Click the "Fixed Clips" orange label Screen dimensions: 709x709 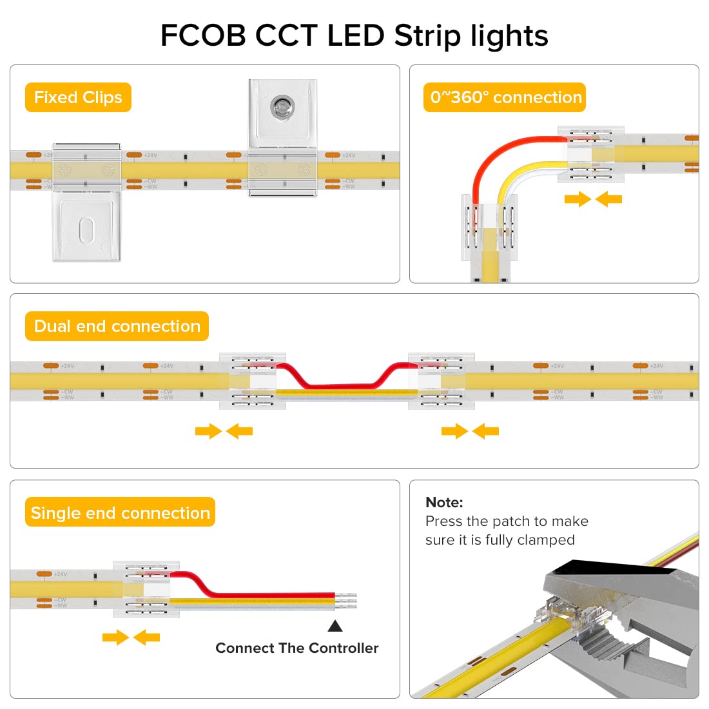[78, 97]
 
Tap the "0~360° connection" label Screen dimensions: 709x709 [505, 97]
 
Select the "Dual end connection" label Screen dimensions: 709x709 [117, 326]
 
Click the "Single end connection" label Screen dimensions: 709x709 [120, 512]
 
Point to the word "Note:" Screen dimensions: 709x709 [444, 502]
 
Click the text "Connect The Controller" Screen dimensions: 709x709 [296, 648]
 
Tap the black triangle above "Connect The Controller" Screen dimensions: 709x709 [335, 626]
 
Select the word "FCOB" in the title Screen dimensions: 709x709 [203, 35]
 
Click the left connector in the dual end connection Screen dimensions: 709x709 [252, 381]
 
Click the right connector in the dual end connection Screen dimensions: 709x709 [442, 381]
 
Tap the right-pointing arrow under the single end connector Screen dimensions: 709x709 [115, 637]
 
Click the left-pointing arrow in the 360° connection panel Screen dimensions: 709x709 [609, 199]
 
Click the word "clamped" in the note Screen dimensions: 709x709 [547, 540]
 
